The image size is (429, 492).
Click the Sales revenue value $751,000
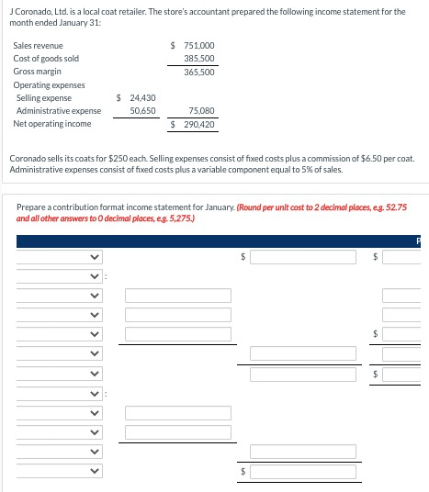tap(193, 45)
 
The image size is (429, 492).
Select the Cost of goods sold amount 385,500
tap(198, 58)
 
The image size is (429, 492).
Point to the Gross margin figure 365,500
tap(198, 71)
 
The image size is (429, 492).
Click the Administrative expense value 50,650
tap(142, 110)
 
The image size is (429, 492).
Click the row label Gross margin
tap(38, 71)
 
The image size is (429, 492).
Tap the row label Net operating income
tap(52, 123)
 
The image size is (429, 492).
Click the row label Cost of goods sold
tap(46, 58)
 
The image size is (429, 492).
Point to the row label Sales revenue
tap(39, 45)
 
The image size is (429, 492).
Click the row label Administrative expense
tap(59, 110)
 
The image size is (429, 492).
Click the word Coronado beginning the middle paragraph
tap(26, 159)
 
